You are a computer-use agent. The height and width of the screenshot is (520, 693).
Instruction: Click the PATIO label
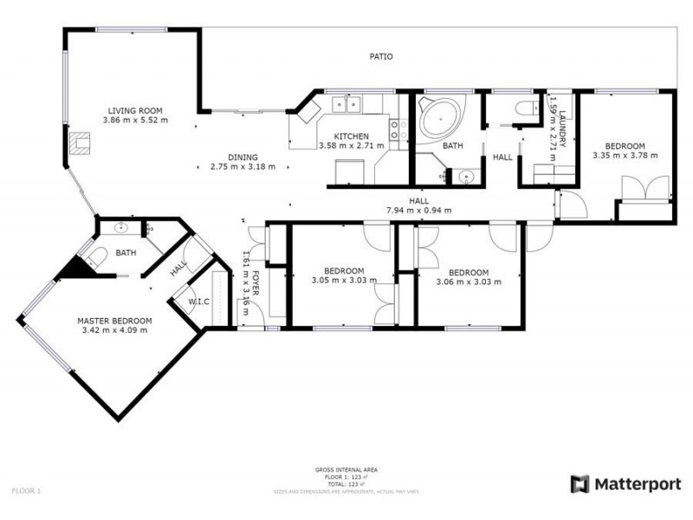[x=381, y=57]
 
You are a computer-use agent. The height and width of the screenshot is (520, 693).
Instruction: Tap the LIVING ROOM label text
[x=135, y=110]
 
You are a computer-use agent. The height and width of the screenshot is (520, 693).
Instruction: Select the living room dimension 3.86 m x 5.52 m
[x=135, y=120]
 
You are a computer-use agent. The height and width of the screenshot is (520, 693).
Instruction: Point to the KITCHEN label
[x=352, y=136]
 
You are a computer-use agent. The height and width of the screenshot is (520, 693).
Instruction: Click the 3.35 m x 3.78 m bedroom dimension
[x=625, y=156]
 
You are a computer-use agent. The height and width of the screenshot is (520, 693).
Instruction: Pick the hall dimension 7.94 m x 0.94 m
[x=419, y=211]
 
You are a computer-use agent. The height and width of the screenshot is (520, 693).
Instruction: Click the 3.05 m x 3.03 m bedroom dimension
[x=343, y=281]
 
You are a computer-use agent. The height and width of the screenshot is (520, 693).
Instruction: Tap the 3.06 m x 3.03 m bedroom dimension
[x=469, y=282]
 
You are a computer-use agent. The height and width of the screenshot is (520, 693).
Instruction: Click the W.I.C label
[x=200, y=302]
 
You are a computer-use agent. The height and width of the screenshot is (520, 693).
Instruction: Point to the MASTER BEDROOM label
[x=114, y=320]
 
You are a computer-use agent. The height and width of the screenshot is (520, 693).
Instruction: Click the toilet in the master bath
[x=96, y=257]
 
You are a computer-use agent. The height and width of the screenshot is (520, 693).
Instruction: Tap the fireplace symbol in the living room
[x=79, y=142]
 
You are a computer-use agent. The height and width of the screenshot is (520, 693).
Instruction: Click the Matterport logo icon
[x=580, y=484]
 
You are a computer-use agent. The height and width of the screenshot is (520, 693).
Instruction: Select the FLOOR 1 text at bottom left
[x=26, y=491]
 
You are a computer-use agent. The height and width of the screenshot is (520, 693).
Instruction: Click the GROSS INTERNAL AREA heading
[x=346, y=470]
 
